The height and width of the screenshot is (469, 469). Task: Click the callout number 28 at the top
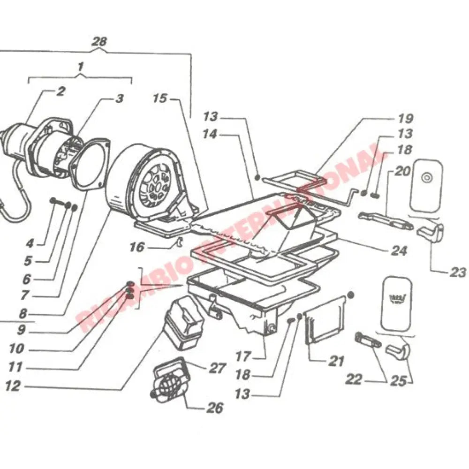pos(99,41)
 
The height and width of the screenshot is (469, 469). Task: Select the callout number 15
pos(160,98)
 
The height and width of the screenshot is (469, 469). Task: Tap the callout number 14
pos(211,134)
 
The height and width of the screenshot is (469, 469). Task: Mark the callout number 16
pos(136,246)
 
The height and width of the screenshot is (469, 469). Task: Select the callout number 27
pos(217,368)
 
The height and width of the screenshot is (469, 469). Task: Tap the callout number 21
pos(336,361)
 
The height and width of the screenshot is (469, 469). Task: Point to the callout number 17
pos(243,356)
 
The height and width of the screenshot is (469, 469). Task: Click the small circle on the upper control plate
pos(426,177)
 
